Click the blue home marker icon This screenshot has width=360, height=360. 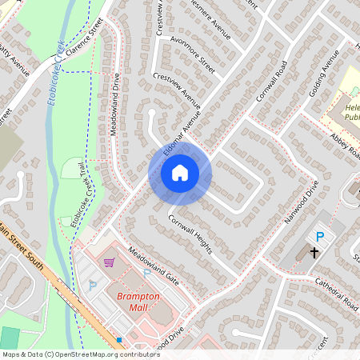[x=180, y=172]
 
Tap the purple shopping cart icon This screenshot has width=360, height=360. [x=109, y=262]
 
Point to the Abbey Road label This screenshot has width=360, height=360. [x=333, y=145]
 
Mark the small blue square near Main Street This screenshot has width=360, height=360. [x=118, y=339]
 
